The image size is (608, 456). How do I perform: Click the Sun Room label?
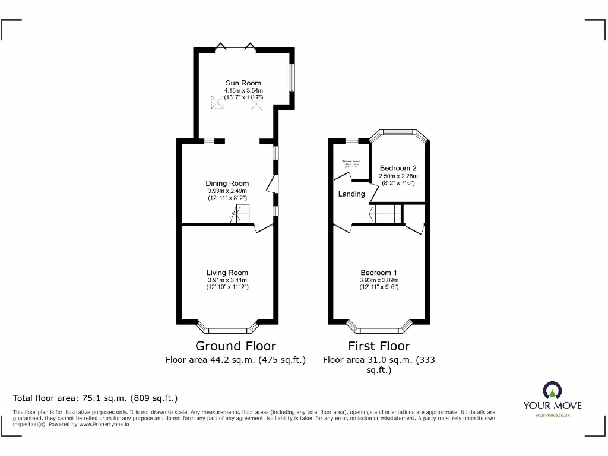tap(243, 83)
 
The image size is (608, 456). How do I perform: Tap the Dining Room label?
tap(227, 183)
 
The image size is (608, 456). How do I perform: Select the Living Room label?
tap(227, 273)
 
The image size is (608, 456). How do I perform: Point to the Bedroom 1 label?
tap(379, 273)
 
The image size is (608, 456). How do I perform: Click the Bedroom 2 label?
tap(398, 168)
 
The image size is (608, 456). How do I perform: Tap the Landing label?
tap(351, 194)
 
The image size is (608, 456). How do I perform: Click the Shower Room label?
tap(351, 161)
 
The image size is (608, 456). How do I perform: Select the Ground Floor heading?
tap(236, 346)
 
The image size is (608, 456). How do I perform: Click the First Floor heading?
tap(379, 346)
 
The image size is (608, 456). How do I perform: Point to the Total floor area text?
tap(96, 398)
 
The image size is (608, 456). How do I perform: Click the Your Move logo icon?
tap(552, 391)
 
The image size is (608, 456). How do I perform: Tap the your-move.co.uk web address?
tap(552, 416)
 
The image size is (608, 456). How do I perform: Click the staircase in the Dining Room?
tap(242, 214)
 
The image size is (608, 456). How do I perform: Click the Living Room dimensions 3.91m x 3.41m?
tap(227, 280)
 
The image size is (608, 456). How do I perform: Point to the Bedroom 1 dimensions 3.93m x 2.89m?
tap(379, 280)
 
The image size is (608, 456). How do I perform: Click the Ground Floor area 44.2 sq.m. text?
tap(235, 360)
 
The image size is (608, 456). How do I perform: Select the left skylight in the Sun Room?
tap(218, 103)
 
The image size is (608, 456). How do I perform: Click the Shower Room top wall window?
tap(352, 141)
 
